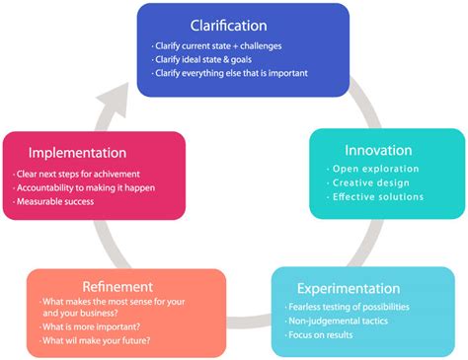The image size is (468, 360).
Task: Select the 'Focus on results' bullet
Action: click(327, 335)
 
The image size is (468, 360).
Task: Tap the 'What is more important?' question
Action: click(91, 326)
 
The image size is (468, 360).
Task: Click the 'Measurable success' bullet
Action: click(58, 202)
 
